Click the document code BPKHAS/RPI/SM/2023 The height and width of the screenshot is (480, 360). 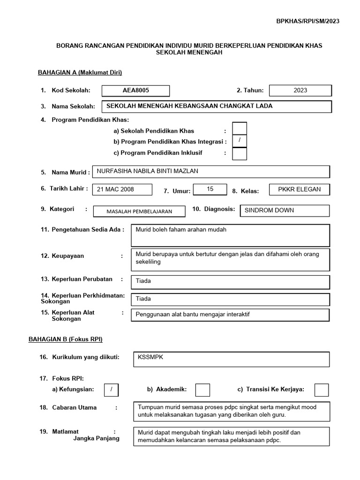[x=309, y=21]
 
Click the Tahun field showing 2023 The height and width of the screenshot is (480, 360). [x=300, y=90]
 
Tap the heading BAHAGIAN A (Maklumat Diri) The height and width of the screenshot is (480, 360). [x=80, y=72]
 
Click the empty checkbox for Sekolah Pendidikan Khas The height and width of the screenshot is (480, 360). [x=240, y=128]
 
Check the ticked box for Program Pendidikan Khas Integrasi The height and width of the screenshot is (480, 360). [x=240, y=141]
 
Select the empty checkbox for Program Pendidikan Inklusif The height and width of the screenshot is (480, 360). [x=240, y=153]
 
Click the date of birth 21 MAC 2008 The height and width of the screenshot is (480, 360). [x=123, y=189]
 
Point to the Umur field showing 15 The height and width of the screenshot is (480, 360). [x=210, y=189]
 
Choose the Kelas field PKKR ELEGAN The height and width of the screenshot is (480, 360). [x=300, y=189]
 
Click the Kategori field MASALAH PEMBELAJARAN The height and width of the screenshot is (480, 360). [x=139, y=211]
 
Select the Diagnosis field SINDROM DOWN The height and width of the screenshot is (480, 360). [x=284, y=210]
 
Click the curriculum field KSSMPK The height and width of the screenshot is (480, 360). [x=231, y=359]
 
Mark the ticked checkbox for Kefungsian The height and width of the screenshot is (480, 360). [x=111, y=390]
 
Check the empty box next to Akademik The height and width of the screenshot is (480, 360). [x=202, y=390]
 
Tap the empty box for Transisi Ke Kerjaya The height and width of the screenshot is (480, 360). [x=322, y=390]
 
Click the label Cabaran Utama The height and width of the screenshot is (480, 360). [x=74, y=407]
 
